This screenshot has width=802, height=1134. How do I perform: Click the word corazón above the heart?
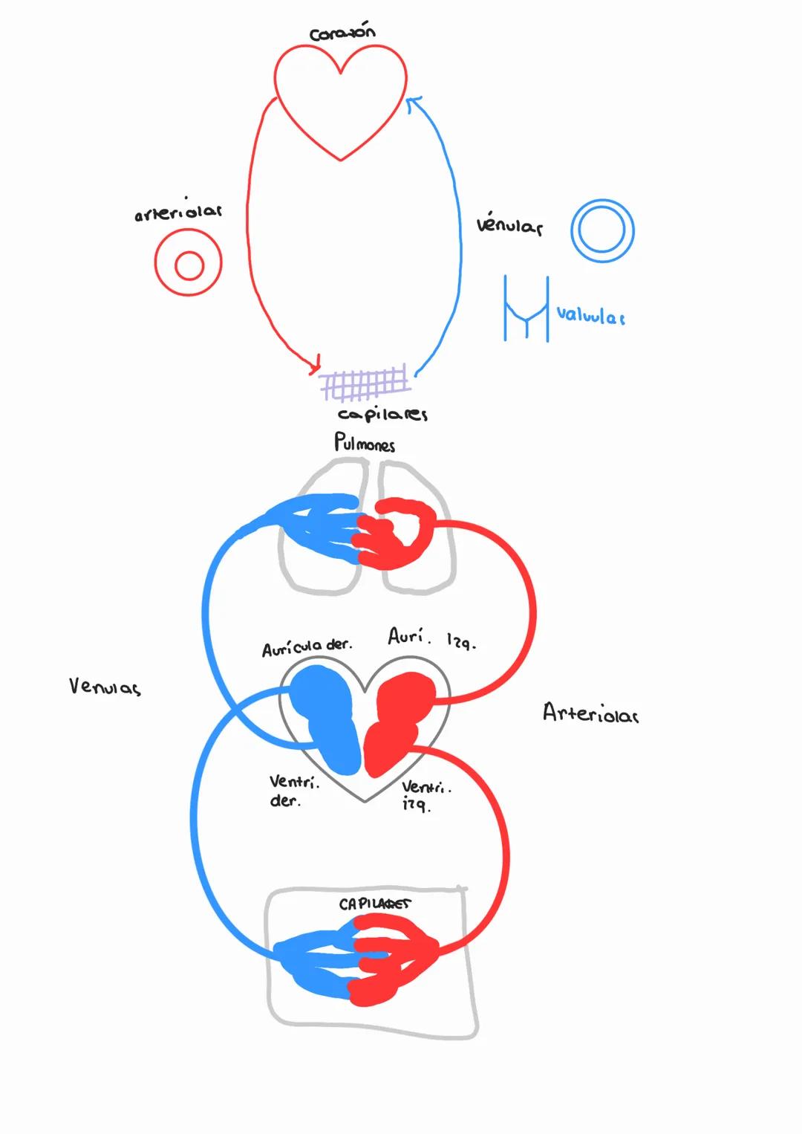[x=342, y=33]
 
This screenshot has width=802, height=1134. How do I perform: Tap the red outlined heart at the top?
[x=340, y=97]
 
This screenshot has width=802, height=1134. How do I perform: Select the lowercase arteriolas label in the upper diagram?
[x=178, y=213]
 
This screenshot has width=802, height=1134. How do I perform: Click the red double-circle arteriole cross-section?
[x=189, y=263]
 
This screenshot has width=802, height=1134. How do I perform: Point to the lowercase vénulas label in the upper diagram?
[x=509, y=225]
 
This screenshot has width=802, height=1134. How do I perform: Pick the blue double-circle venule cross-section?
[x=602, y=230]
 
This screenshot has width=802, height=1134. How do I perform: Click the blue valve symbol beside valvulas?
[x=526, y=309]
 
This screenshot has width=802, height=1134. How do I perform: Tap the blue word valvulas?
[x=590, y=316]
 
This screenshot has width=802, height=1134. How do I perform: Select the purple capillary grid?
[x=365, y=381]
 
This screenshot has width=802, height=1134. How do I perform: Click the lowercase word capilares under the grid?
[x=382, y=414]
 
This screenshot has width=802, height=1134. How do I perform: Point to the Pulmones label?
[x=364, y=443]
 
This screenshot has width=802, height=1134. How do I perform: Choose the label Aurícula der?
[x=307, y=647]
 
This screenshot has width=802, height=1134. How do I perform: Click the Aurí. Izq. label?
[x=431, y=638]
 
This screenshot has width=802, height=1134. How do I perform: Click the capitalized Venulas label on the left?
[x=105, y=687]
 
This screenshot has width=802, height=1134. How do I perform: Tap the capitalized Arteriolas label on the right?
[x=590, y=714]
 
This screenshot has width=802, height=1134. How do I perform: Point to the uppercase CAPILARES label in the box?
[x=374, y=904]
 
